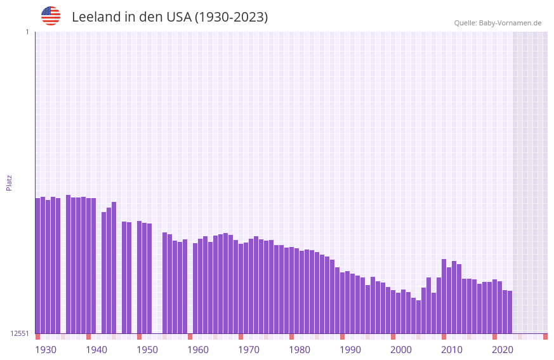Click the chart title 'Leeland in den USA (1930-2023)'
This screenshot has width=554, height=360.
[169, 17]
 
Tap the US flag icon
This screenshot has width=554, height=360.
[51, 16]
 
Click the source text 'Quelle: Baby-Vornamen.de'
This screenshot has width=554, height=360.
[498, 23]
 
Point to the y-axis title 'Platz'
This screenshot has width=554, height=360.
[9, 182]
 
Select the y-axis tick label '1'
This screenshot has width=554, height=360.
[27, 32]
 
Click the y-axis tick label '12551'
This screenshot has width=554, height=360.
[19, 333]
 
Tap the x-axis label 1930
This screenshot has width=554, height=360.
[46, 350]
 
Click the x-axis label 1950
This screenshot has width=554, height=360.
[147, 350]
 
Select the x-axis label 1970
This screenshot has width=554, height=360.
[249, 350]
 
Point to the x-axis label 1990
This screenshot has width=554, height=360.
[350, 350]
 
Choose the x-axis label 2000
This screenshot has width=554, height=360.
[401, 350]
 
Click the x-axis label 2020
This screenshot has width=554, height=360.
[503, 350]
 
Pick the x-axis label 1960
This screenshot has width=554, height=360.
[198, 350]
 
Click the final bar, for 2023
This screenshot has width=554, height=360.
[510, 312]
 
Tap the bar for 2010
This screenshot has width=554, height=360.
[444, 296]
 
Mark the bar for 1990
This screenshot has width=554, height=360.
[343, 303]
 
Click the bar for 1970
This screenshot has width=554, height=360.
[241, 288]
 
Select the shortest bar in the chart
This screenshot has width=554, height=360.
[419, 317]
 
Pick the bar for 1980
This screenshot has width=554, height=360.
[292, 290]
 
